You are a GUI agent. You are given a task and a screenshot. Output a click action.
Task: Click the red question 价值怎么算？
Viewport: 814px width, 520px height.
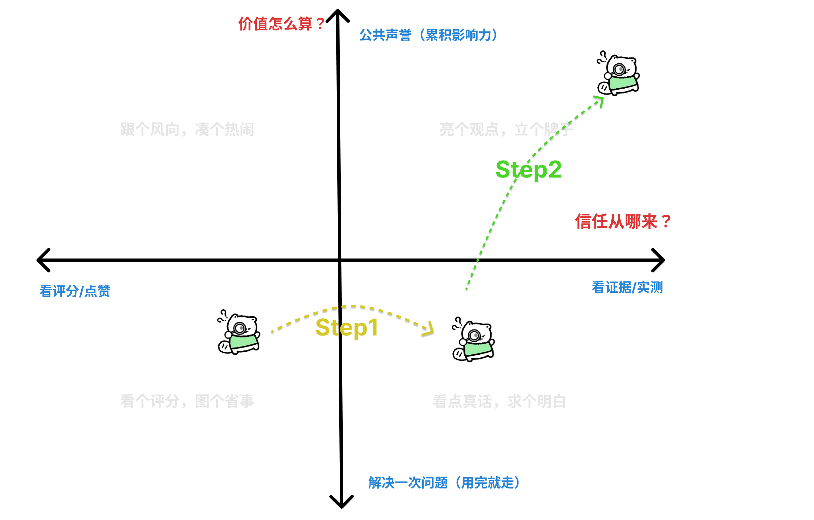tap(281, 24)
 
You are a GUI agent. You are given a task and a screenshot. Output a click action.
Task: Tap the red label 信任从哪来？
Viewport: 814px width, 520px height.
tap(623, 221)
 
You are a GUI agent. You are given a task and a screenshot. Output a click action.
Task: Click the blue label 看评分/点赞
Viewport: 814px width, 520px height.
tap(75, 291)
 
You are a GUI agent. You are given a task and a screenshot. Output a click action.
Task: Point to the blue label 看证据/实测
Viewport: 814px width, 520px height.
tap(627, 287)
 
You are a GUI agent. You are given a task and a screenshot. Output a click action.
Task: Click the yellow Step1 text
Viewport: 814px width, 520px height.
tap(347, 327)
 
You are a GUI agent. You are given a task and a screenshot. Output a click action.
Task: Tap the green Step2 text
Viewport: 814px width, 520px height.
tap(528, 169)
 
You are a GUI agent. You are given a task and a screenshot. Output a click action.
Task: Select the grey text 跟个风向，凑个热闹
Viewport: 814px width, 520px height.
tap(187, 129)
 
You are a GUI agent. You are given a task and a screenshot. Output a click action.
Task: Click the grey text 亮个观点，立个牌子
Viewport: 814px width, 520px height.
tap(506, 129)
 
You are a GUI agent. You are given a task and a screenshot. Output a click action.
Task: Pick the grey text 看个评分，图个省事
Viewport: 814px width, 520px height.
tap(187, 401)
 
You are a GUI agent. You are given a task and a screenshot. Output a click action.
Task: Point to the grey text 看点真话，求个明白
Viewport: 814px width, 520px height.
tap(499, 401)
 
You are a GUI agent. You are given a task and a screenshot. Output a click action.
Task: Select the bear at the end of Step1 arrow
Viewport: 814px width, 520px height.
tap(473, 340)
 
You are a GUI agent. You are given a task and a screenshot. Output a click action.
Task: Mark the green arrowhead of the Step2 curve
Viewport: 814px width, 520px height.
tap(600, 100)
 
